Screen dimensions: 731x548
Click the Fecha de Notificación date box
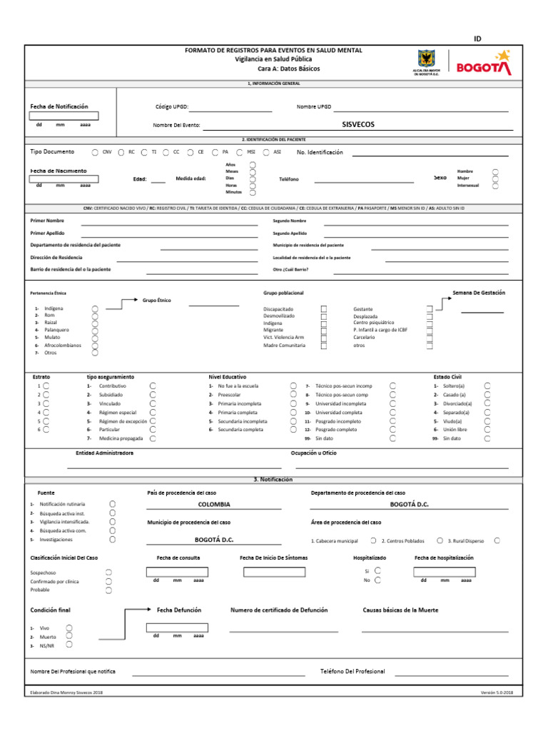coord(64,116)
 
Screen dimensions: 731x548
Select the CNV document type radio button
coord(96,152)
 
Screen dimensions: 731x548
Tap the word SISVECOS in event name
coord(358,124)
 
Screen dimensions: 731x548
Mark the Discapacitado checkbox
coord(324,309)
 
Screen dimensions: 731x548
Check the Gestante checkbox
coord(430,309)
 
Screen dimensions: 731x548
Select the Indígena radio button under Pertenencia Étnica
coord(95,308)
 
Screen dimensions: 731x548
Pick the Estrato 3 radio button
coord(46,403)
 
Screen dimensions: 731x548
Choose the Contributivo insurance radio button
coord(153,385)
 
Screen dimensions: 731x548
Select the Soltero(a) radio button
coord(487,385)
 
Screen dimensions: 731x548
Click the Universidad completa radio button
coord(392,412)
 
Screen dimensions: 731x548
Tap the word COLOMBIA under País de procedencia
coord(214,503)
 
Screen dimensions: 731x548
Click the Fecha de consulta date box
coord(177,572)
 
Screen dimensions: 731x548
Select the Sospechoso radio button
coord(108,573)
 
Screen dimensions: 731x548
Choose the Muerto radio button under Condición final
coord(69,635)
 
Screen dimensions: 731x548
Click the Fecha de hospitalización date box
coord(444,572)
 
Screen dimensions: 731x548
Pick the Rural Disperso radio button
coord(497,540)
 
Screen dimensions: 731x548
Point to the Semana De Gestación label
coord(478,293)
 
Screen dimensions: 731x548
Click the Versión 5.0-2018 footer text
coord(497,693)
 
